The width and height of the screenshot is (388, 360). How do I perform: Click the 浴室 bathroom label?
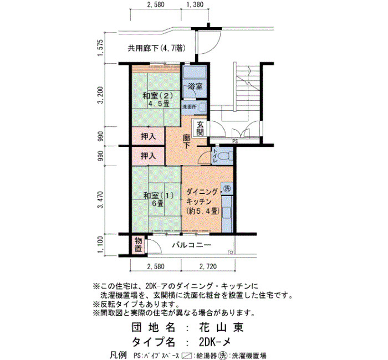point(195,86)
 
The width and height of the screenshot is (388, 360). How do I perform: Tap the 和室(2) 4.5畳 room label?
point(157,100)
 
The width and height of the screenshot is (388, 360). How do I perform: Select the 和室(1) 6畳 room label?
point(159,199)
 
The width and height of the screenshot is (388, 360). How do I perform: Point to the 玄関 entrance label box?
point(200,128)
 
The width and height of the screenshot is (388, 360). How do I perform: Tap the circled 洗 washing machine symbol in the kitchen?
point(227,188)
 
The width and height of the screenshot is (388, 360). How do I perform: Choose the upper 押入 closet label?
point(148,136)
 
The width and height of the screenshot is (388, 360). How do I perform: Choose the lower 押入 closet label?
point(148,156)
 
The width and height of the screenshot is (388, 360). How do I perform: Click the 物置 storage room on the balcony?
point(139,244)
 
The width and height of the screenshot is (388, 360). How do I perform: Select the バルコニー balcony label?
point(192,245)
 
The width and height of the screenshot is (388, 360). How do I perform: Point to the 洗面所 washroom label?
point(190,107)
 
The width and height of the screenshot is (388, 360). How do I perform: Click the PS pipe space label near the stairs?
point(235,141)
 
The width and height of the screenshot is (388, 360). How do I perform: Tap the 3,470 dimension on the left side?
point(101,199)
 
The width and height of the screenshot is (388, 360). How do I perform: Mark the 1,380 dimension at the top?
point(194,4)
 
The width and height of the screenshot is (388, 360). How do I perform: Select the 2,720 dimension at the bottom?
point(208,266)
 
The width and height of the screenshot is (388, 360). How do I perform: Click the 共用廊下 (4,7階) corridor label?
point(156,48)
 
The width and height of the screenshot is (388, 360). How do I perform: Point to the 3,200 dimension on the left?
point(101,95)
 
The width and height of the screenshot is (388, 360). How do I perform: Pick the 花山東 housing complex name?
point(221,327)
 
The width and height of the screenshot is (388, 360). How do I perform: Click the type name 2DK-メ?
point(215,342)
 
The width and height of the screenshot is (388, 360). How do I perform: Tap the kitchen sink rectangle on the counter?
point(226,213)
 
